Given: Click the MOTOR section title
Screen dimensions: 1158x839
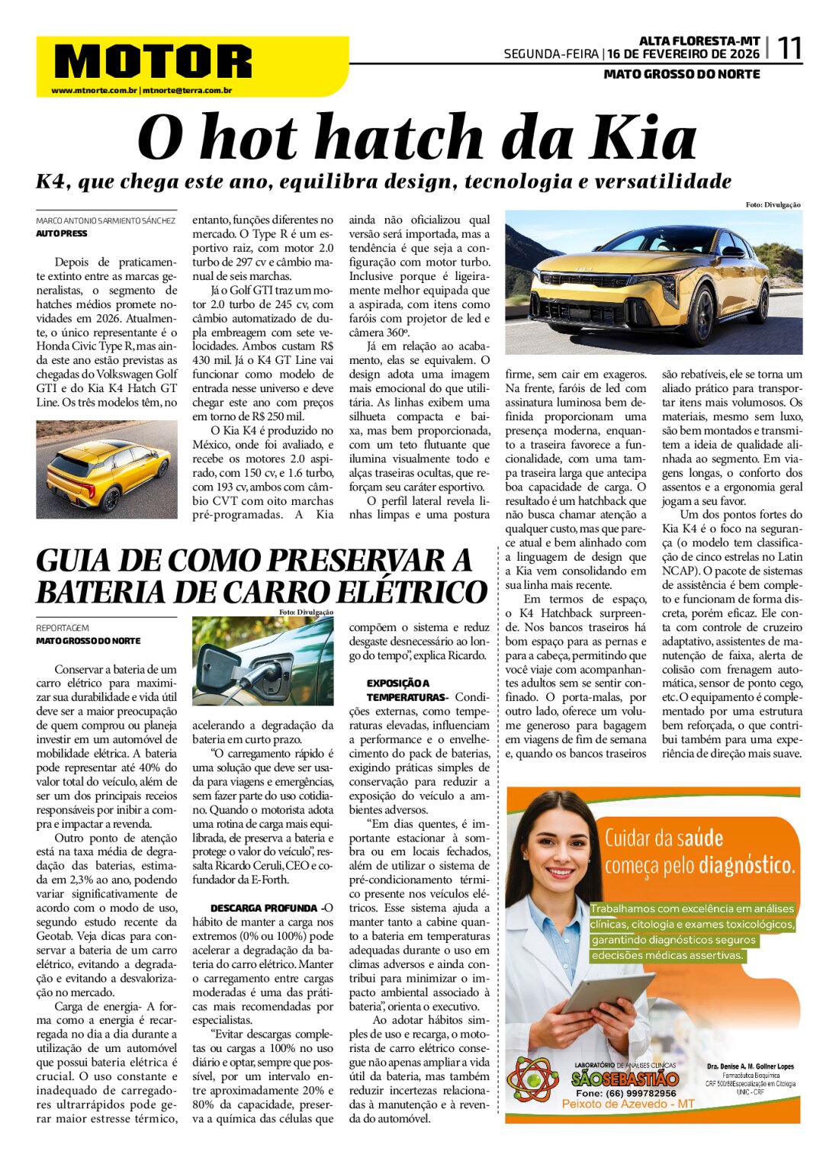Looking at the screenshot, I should tap(153, 62).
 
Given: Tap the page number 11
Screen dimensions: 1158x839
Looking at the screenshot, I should tap(789, 49).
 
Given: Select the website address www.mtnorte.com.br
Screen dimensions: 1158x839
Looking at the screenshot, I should tap(94, 91).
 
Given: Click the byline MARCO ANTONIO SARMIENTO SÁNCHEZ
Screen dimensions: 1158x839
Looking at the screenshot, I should tap(105, 220).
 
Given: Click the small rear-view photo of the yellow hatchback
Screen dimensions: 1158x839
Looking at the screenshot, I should tap(107, 469).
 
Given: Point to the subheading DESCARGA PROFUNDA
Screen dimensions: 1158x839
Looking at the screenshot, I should tap(263, 908).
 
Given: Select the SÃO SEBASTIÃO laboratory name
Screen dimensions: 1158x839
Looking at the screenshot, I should tap(625, 1079).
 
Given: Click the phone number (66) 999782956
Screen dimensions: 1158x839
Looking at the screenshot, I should tap(626, 1092).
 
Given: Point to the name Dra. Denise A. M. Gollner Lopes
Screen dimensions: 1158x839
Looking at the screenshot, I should tap(750, 1066).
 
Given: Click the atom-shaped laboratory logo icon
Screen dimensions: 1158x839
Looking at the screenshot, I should tap(532, 1078).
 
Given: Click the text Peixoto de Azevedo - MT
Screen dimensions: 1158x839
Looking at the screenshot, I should tap(628, 1104).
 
